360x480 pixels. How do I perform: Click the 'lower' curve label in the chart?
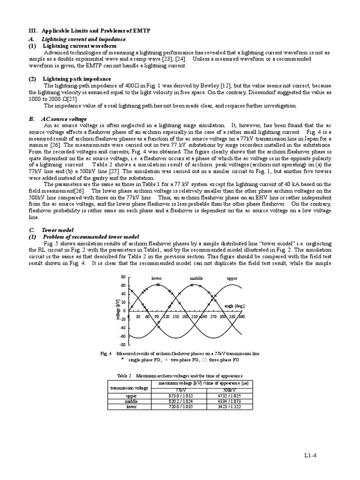point(156,278)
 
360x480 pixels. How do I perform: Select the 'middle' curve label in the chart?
point(196,278)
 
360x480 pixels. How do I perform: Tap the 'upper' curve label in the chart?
point(232,278)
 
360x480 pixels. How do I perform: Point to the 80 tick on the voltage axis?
point(123,277)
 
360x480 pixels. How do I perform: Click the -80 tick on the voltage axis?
point(123,345)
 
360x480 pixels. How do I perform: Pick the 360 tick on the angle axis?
point(241,317)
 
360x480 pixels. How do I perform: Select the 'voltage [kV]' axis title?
point(118,310)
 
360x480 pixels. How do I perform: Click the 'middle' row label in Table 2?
point(131,402)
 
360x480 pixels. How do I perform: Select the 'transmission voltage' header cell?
point(129,388)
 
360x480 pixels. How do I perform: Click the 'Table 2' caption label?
point(125,376)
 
